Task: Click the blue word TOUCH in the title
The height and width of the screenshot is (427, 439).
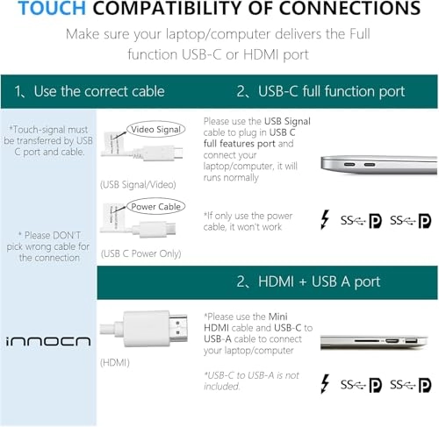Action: [x=52, y=8]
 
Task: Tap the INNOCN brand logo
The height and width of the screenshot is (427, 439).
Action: [x=48, y=341]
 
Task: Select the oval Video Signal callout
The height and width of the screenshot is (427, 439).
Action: [x=155, y=129]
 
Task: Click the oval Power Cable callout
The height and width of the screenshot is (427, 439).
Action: [x=155, y=207]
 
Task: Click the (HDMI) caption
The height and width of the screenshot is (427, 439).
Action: [x=115, y=363]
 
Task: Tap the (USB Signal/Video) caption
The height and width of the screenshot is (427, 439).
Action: [x=138, y=185]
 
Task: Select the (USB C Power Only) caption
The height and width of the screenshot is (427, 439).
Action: [x=140, y=253]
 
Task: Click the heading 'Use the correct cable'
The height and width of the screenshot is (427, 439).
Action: [x=99, y=91]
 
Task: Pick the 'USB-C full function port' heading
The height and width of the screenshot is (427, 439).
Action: [x=331, y=91]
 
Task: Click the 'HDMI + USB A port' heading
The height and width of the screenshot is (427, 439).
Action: [x=319, y=281]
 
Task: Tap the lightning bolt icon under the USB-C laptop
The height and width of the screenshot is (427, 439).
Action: [x=325, y=219]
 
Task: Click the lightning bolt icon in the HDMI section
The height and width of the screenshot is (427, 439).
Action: [x=325, y=384]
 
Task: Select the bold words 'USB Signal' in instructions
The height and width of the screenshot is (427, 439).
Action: [x=287, y=121]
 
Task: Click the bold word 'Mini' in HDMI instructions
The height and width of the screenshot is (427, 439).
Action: [x=277, y=317]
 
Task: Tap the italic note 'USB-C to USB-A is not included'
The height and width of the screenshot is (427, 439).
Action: [x=252, y=381]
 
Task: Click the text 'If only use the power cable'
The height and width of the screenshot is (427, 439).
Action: [x=248, y=221]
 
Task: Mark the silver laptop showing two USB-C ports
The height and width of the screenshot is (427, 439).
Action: [x=379, y=165]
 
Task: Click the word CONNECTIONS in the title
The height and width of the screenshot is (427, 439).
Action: [x=349, y=8]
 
